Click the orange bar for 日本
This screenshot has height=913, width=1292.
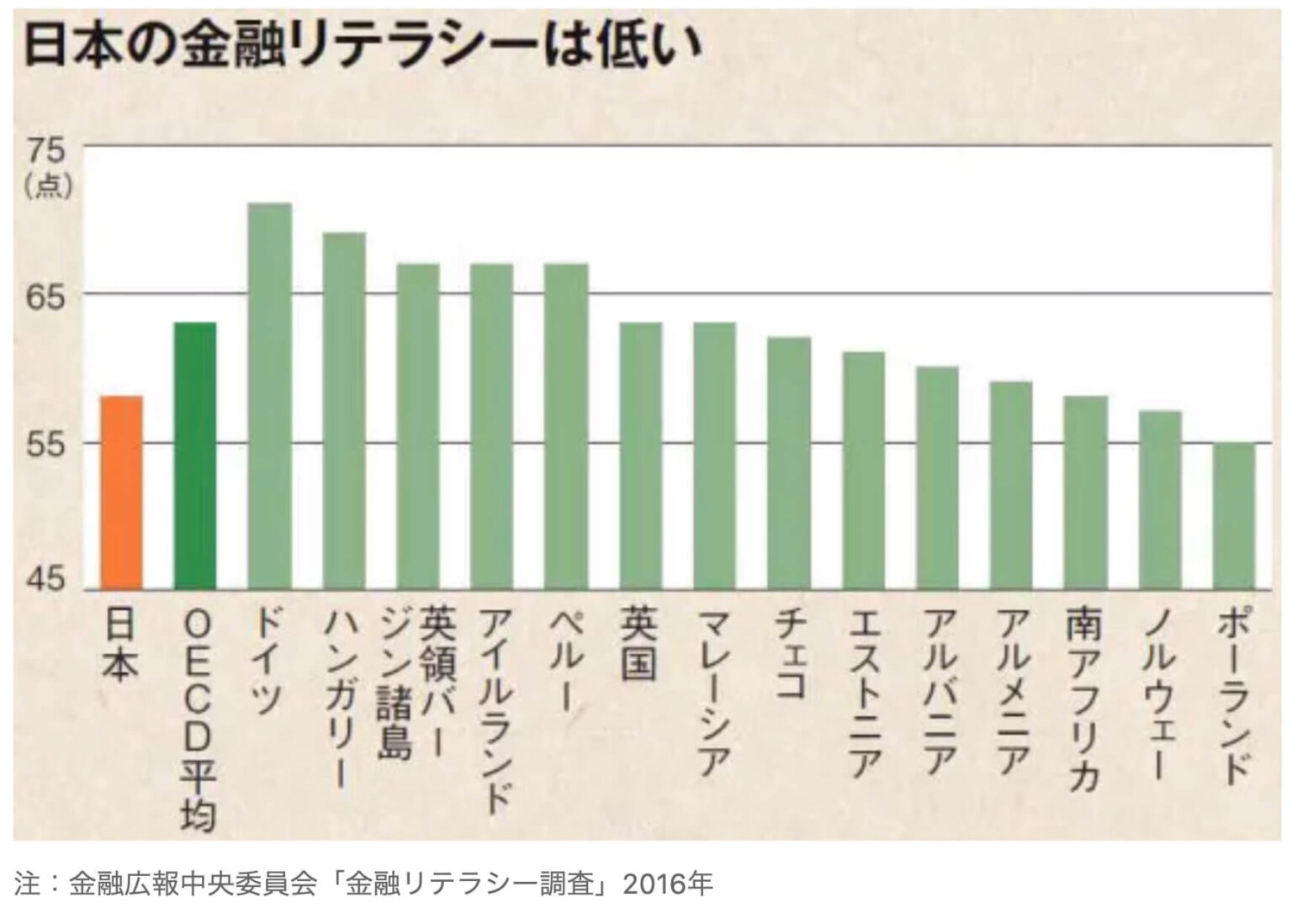(x=121, y=493)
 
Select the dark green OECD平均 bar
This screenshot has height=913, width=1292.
(x=194, y=456)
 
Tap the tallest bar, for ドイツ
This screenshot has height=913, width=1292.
(x=269, y=396)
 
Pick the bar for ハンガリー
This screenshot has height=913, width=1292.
(x=343, y=411)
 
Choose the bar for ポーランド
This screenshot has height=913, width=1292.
(x=1233, y=515)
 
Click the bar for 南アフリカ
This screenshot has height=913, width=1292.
(x=1085, y=493)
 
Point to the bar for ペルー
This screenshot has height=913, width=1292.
(x=566, y=426)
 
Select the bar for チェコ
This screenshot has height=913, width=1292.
(x=788, y=463)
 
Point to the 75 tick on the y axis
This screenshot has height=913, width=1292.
(x=45, y=151)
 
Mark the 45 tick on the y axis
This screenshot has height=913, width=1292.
(x=45, y=581)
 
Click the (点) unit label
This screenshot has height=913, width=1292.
(x=47, y=186)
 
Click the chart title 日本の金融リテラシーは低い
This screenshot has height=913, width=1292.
(x=363, y=46)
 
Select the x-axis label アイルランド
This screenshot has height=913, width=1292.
(x=492, y=710)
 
